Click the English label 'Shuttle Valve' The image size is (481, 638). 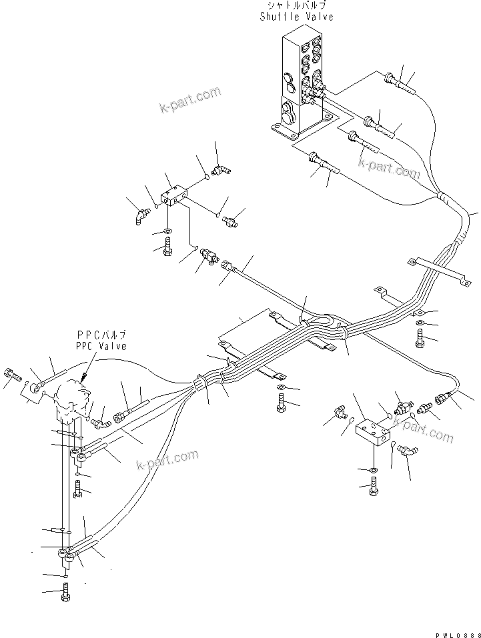point(296,17)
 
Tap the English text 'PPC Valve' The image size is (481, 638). point(100,347)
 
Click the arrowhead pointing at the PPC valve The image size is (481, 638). point(84,378)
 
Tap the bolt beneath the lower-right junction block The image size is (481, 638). point(373,489)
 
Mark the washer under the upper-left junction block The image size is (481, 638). point(166,232)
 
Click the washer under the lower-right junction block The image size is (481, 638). point(373,471)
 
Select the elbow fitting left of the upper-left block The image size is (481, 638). point(139,215)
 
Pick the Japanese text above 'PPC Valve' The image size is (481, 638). point(101,335)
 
